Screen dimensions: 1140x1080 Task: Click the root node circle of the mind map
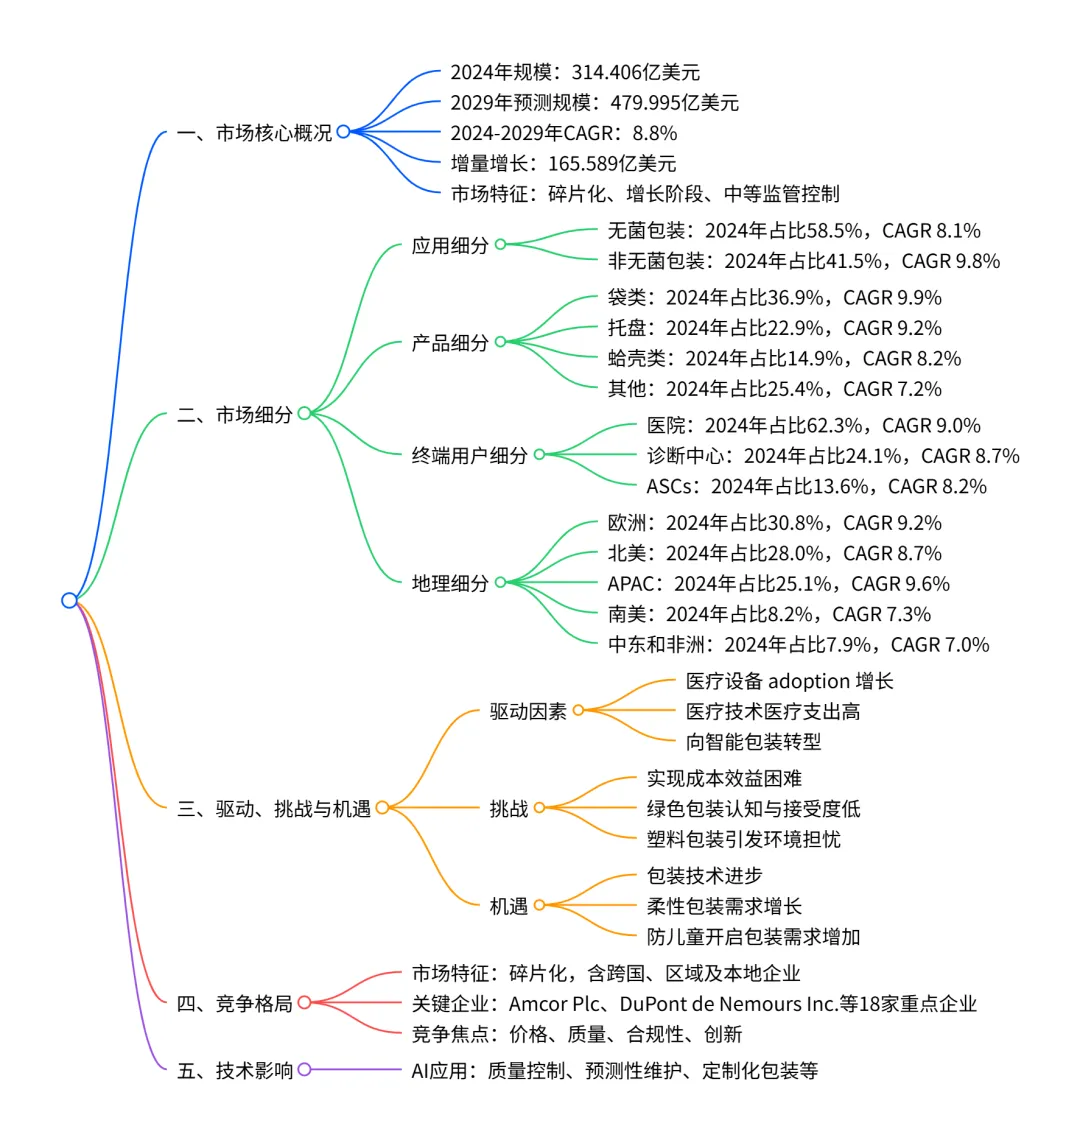(69, 600)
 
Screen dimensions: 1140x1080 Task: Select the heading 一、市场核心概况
(254, 132)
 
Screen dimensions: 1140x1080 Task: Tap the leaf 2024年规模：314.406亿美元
(575, 72)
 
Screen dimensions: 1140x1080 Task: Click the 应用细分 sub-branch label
(450, 245)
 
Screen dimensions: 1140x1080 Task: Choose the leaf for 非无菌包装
(804, 261)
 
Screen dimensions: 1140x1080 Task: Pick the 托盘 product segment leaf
(775, 328)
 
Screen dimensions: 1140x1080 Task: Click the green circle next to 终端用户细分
(539, 454)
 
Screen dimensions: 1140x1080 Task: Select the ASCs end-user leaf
(816, 486)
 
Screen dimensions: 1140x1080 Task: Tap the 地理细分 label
(450, 583)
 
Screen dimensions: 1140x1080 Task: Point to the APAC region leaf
(779, 584)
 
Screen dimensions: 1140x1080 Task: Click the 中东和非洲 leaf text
(798, 645)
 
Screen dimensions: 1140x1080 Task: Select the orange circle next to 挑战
(539, 808)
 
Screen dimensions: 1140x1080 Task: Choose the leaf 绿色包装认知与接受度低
(753, 809)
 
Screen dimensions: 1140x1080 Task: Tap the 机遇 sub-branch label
(508, 906)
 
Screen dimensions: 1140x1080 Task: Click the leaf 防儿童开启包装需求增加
(753, 937)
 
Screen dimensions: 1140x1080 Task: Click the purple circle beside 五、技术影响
(304, 1069)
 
